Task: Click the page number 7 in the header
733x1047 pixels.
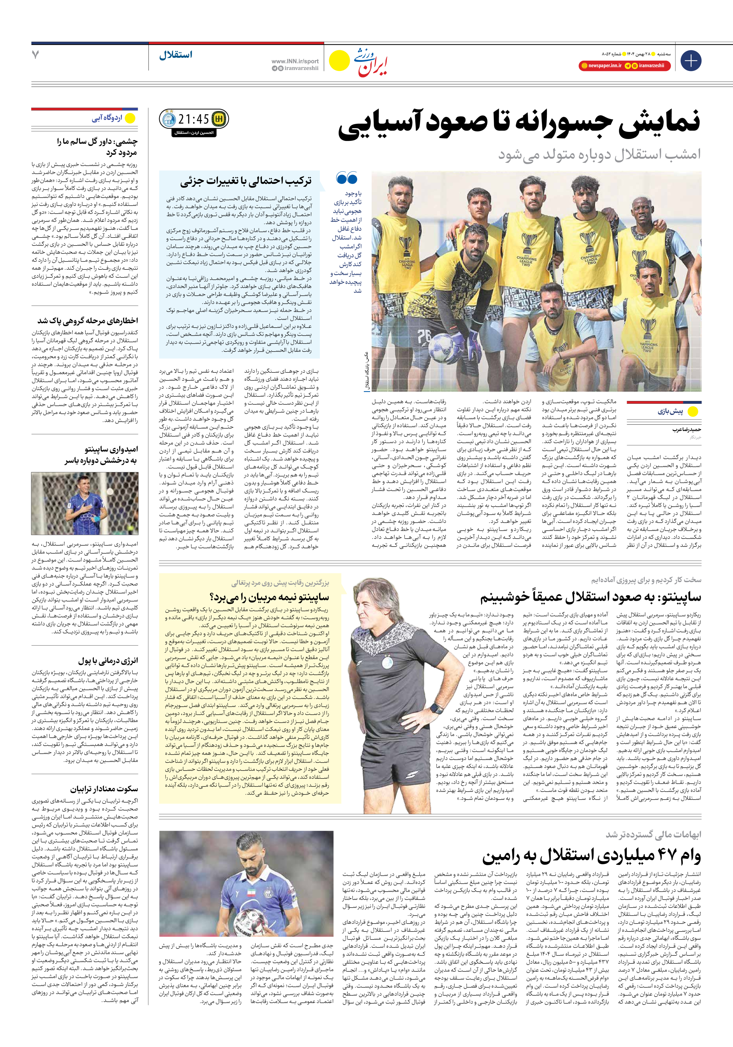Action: coord(35,55)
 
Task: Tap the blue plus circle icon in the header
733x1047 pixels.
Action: coord(690,61)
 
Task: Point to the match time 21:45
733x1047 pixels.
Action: coord(194,119)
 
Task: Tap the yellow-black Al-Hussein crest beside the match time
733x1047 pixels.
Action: coord(219,119)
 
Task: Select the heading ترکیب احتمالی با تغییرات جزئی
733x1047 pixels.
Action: coord(245,181)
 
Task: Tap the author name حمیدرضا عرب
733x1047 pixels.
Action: coord(686,430)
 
